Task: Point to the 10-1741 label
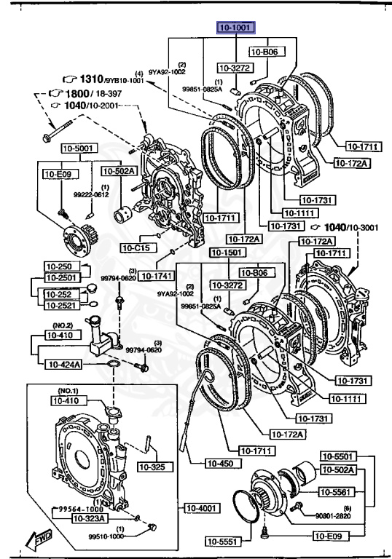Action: (154, 276)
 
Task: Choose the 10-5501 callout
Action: (337, 456)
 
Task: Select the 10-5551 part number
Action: (222, 541)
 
